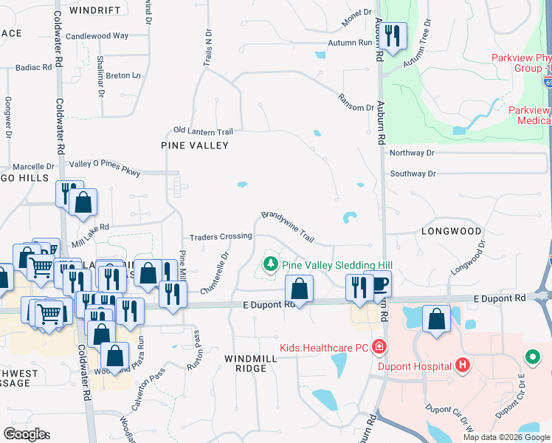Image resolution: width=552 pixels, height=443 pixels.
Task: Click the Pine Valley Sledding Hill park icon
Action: click(271, 264)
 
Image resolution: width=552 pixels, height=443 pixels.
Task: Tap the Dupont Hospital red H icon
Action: click(463, 365)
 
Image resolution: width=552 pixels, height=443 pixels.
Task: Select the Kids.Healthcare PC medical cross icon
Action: click(379, 346)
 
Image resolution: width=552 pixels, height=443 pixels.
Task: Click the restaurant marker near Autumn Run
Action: click(393, 37)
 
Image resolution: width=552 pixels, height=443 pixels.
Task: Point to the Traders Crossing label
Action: click(221, 237)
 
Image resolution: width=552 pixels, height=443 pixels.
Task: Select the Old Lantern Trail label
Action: click(203, 131)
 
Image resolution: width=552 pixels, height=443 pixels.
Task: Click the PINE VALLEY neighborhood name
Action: click(195, 145)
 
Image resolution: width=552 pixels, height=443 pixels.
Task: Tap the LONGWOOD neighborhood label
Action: click(451, 231)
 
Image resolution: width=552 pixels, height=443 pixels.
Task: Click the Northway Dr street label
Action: click(413, 153)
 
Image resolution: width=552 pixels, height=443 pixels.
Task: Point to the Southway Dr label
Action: click(413, 174)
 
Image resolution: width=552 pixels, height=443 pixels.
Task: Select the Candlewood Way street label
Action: click(97, 35)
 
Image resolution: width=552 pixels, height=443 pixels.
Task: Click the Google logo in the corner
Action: click(26, 434)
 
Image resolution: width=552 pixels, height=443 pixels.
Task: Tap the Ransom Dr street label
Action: click(356, 102)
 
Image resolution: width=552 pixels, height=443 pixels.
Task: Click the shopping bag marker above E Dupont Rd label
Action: click(299, 289)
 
